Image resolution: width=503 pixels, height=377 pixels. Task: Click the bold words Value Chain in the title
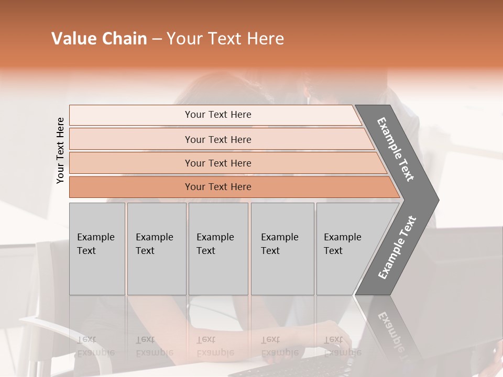pyautogui.click(x=99, y=39)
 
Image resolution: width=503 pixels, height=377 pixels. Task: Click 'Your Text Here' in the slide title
pyautogui.click(x=225, y=39)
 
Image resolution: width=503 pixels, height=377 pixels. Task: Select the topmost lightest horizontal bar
pyautogui.click(x=217, y=115)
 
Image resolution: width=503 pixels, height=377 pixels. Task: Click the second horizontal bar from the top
pyautogui.click(x=217, y=139)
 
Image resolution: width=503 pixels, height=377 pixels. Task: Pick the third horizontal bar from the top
pyautogui.click(x=217, y=163)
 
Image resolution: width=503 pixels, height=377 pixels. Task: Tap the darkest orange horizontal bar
pyautogui.click(x=217, y=187)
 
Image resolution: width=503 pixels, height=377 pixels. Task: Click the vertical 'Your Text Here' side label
pyautogui.click(x=60, y=150)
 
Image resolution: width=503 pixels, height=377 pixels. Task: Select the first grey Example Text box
pyautogui.click(x=97, y=249)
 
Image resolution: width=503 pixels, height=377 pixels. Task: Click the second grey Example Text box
pyautogui.click(x=156, y=249)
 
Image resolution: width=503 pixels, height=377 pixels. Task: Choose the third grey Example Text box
pyautogui.click(x=218, y=249)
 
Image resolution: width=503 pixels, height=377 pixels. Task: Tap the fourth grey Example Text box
pyautogui.click(x=282, y=249)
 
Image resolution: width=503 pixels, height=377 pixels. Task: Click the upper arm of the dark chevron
pyautogui.click(x=396, y=149)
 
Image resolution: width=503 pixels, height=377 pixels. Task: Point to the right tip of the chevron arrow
pyautogui.click(x=437, y=200)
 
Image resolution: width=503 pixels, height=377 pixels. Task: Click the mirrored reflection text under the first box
pyautogui.click(x=95, y=346)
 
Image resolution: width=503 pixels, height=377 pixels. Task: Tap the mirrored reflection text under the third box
pyautogui.click(x=215, y=346)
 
